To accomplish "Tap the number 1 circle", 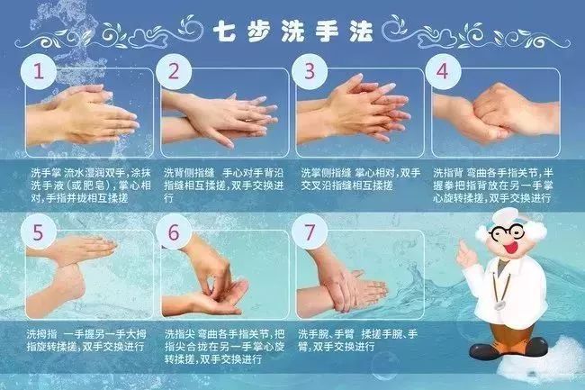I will (38, 70).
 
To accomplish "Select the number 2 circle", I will (175, 70).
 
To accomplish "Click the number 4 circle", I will (443, 70).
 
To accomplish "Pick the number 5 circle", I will (38, 232).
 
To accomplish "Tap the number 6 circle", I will (175, 232).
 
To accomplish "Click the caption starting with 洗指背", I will (495, 185).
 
